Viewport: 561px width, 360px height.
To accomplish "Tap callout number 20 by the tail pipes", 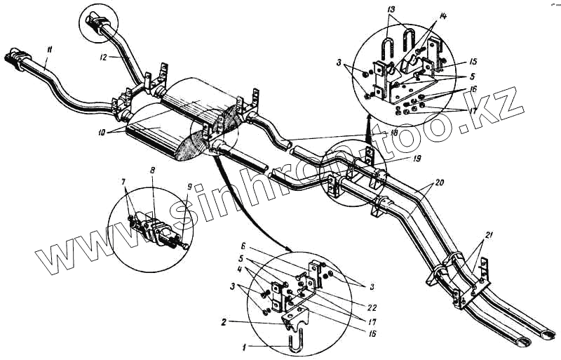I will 438,182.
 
